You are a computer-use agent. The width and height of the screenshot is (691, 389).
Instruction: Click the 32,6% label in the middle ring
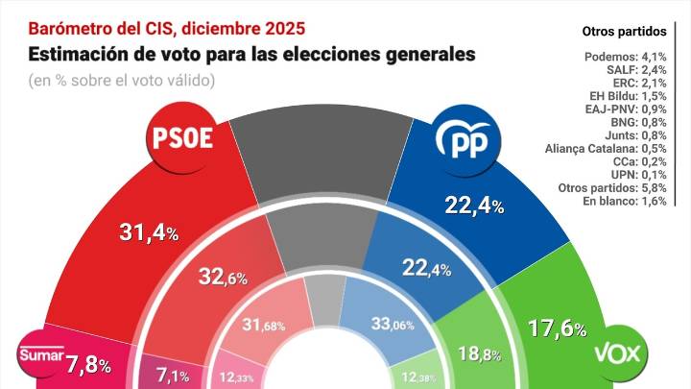click(223, 278)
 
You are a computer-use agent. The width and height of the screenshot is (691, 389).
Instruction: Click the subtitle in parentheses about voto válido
click(121, 79)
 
